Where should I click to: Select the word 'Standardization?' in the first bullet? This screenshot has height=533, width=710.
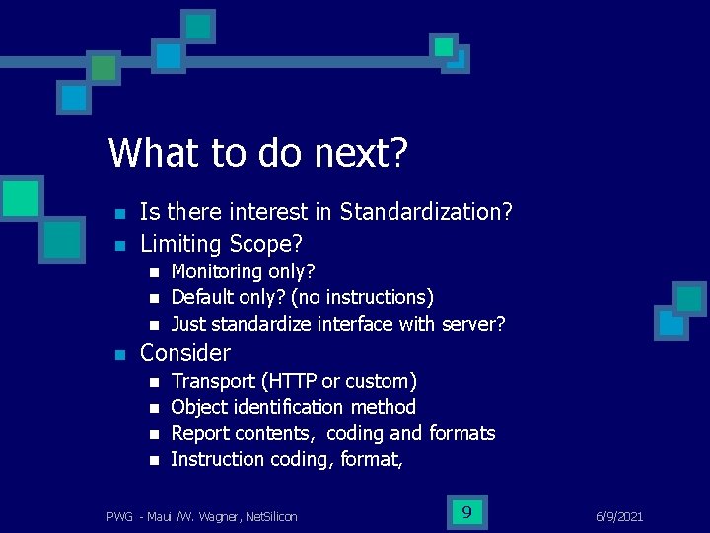426,212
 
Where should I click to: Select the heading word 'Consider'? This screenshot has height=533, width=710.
185,353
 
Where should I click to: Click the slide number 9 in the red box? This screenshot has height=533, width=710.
465,511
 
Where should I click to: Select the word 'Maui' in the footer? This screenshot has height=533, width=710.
157,516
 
